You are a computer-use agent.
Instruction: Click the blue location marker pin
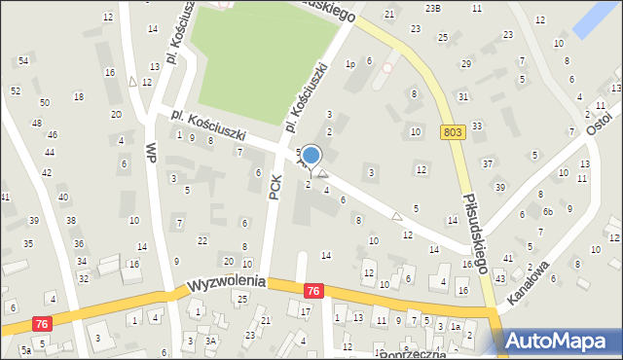click(311, 156)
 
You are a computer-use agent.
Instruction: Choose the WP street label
click(151, 154)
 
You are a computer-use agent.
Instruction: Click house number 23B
click(433, 8)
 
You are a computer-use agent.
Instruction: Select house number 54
click(23, 61)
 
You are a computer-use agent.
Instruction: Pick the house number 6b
click(548, 211)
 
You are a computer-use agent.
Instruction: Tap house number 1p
click(349, 64)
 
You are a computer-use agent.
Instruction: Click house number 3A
click(210, 341)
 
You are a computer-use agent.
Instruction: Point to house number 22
click(202, 240)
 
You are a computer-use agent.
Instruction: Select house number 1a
click(455, 327)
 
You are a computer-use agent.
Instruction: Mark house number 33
click(476, 126)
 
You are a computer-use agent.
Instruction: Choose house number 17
click(305, 311)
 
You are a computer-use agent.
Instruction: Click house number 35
click(28, 243)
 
